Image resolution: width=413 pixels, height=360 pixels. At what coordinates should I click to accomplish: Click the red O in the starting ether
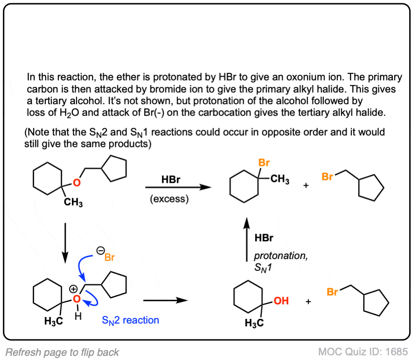click(x=77, y=183)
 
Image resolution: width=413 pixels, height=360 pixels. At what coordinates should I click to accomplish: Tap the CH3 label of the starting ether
click(x=73, y=202)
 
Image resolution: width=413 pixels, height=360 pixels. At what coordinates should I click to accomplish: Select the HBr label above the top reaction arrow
click(x=171, y=180)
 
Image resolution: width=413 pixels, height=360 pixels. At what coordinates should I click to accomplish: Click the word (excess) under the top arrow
click(x=170, y=199)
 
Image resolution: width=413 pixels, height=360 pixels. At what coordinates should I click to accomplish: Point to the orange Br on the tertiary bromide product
click(x=264, y=163)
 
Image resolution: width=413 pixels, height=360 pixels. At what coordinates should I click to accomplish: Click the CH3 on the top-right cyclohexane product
click(x=280, y=179)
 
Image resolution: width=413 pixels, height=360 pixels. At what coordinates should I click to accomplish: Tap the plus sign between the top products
click(x=306, y=186)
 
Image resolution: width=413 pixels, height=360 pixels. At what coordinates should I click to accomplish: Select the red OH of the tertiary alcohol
click(x=281, y=301)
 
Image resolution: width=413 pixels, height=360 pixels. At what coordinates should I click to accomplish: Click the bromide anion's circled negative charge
click(x=100, y=251)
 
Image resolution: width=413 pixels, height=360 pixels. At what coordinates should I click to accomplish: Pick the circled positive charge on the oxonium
click(x=73, y=289)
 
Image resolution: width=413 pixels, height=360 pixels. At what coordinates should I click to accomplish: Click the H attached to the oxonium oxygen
click(x=78, y=316)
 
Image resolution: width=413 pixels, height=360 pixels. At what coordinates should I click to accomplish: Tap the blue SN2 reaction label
click(x=130, y=320)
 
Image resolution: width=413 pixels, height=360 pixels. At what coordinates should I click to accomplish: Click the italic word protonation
click(x=281, y=256)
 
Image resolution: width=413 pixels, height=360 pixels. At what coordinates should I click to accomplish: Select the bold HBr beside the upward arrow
click(x=264, y=238)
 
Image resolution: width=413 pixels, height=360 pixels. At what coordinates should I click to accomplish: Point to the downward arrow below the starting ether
click(x=65, y=243)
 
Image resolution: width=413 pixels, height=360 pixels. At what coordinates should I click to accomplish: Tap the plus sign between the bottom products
click(x=308, y=301)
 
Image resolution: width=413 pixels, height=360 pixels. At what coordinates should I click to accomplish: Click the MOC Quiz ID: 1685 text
click(x=363, y=352)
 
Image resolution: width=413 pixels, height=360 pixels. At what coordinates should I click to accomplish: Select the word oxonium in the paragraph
click(x=306, y=77)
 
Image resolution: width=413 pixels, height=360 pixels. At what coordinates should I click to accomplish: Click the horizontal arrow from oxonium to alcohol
click(x=165, y=300)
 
